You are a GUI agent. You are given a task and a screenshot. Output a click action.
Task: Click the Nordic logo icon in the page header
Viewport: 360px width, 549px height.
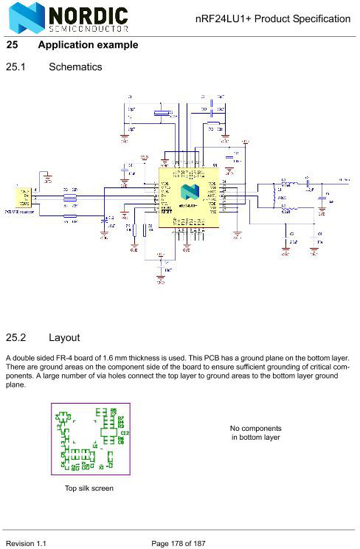(x=24, y=17)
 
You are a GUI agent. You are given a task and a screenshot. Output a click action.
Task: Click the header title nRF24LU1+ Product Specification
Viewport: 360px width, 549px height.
(x=273, y=18)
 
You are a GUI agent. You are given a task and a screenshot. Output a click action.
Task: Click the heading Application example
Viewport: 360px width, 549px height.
(x=88, y=45)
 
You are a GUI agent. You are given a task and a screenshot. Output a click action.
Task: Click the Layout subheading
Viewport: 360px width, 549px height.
(x=64, y=339)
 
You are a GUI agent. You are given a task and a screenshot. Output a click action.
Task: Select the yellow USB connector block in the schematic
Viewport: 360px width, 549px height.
(x=23, y=197)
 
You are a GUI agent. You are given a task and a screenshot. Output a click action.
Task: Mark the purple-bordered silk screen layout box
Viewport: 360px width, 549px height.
(x=90, y=440)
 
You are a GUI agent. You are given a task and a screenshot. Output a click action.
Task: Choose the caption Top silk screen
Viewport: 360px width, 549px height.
(x=89, y=488)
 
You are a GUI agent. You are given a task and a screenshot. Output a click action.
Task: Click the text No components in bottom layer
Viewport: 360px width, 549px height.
(x=255, y=433)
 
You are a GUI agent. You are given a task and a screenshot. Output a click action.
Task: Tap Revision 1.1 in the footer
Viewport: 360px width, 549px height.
(x=27, y=543)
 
